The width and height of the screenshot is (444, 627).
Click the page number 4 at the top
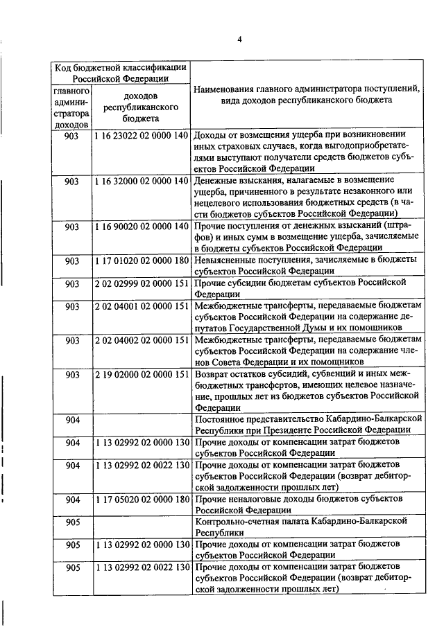pos(239,39)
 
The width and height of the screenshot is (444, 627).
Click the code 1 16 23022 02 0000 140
pos(141,134)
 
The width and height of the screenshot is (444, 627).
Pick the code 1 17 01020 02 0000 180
pos(141,260)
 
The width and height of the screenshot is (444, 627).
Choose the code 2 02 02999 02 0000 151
pos(141,283)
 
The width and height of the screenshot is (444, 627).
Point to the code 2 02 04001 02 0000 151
pos(141,306)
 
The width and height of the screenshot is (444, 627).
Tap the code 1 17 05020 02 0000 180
pos(141,500)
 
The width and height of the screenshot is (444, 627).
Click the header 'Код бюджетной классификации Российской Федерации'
pos(120,73)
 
